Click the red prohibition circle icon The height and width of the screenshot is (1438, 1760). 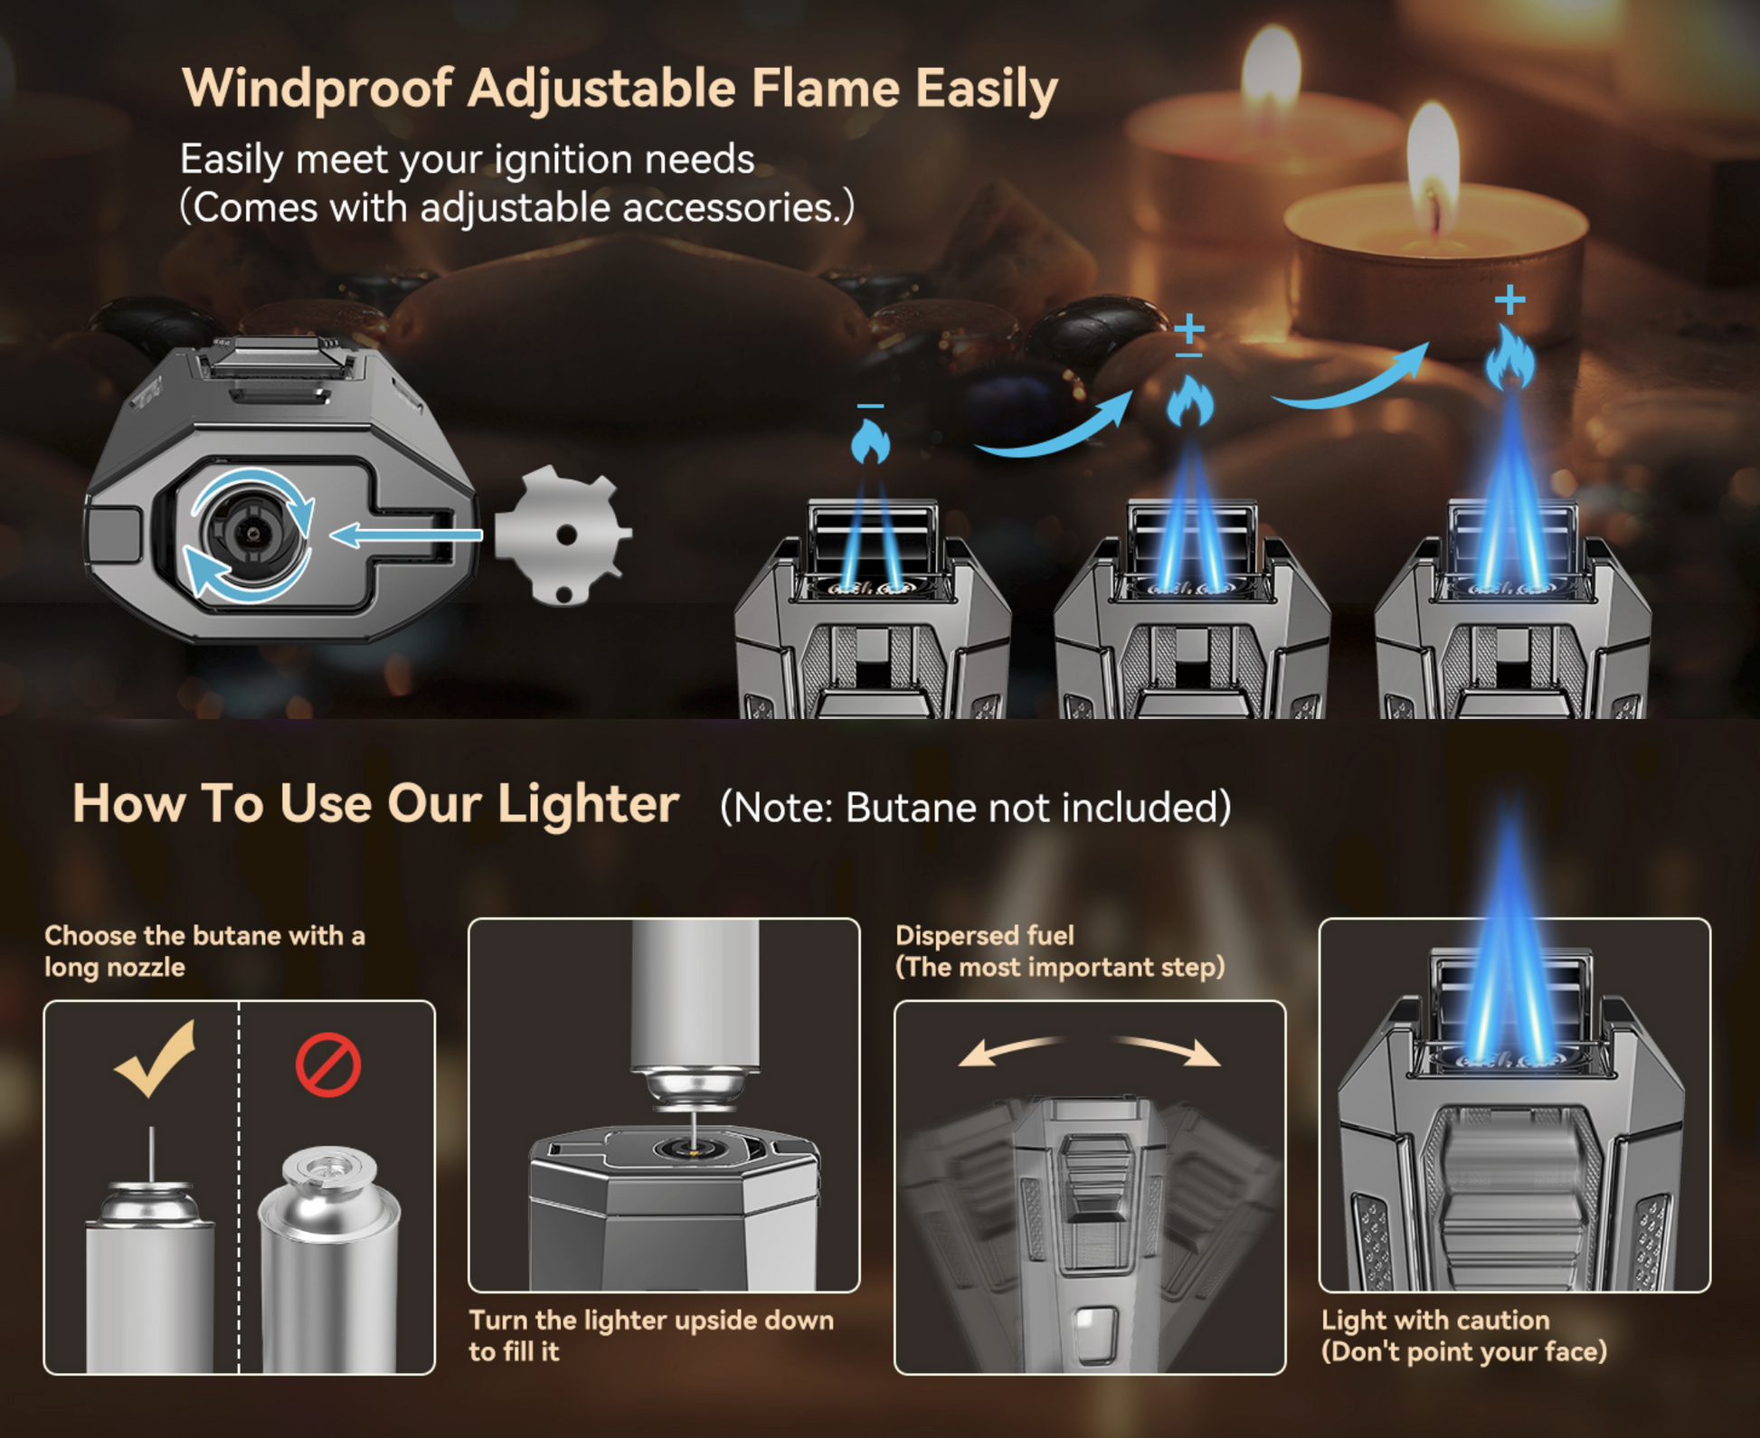coord(328,1065)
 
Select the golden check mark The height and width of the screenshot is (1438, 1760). coord(156,1059)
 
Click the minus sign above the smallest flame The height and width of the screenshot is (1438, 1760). coord(870,406)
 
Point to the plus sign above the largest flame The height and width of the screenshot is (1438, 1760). coord(1509,299)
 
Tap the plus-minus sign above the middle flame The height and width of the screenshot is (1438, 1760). coord(1189,336)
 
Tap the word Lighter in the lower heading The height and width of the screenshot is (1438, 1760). coord(588,803)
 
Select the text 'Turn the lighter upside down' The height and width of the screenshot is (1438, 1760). coord(651,1320)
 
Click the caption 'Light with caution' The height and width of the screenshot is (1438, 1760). coord(1435,1320)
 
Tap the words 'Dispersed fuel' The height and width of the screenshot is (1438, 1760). coord(985,935)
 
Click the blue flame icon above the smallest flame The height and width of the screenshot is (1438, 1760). coord(870,442)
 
